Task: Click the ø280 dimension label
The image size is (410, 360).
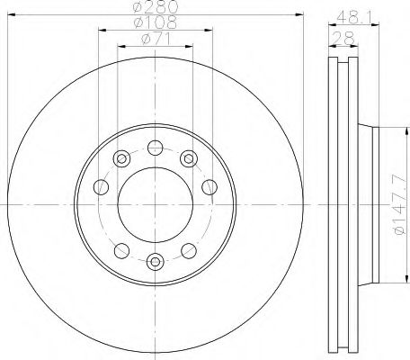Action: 156,6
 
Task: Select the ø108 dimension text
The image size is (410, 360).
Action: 156,22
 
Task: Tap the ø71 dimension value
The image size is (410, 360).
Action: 156,39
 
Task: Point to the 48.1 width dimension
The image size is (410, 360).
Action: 354,18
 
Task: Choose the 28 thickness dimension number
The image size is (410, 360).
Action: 343,39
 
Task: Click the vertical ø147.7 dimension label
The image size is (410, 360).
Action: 400,205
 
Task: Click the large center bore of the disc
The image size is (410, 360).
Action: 156,205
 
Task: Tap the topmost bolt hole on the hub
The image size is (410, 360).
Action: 156,148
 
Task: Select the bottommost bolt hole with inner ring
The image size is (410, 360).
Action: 156,262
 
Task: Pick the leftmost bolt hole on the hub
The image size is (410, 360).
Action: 101,187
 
